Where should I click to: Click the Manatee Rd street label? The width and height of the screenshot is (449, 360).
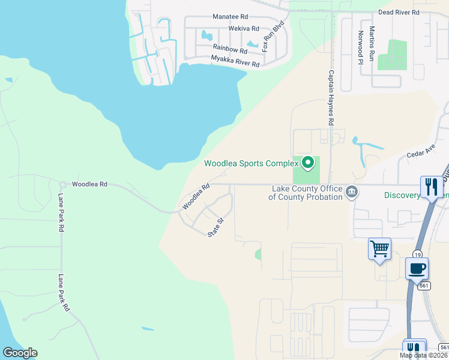(x=230, y=18)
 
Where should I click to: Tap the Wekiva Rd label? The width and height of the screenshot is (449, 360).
(x=243, y=29)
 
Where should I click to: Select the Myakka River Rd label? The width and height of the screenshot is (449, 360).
(x=235, y=61)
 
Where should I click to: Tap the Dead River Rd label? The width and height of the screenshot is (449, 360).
(x=398, y=13)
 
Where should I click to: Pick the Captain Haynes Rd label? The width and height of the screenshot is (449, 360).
(x=331, y=98)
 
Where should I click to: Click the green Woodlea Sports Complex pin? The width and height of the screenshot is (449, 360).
(x=308, y=162)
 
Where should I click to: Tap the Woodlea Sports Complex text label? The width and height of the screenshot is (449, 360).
(x=251, y=163)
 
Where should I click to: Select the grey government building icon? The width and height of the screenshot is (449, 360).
(x=352, y=192)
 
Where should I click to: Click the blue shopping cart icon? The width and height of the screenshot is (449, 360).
(x=379, y=248)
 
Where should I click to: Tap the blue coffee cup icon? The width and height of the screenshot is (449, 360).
(x=417, y=268)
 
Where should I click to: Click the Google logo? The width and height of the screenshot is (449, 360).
(x=20, y=353)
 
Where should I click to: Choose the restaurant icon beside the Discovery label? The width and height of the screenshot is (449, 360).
(x=431, y=186)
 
